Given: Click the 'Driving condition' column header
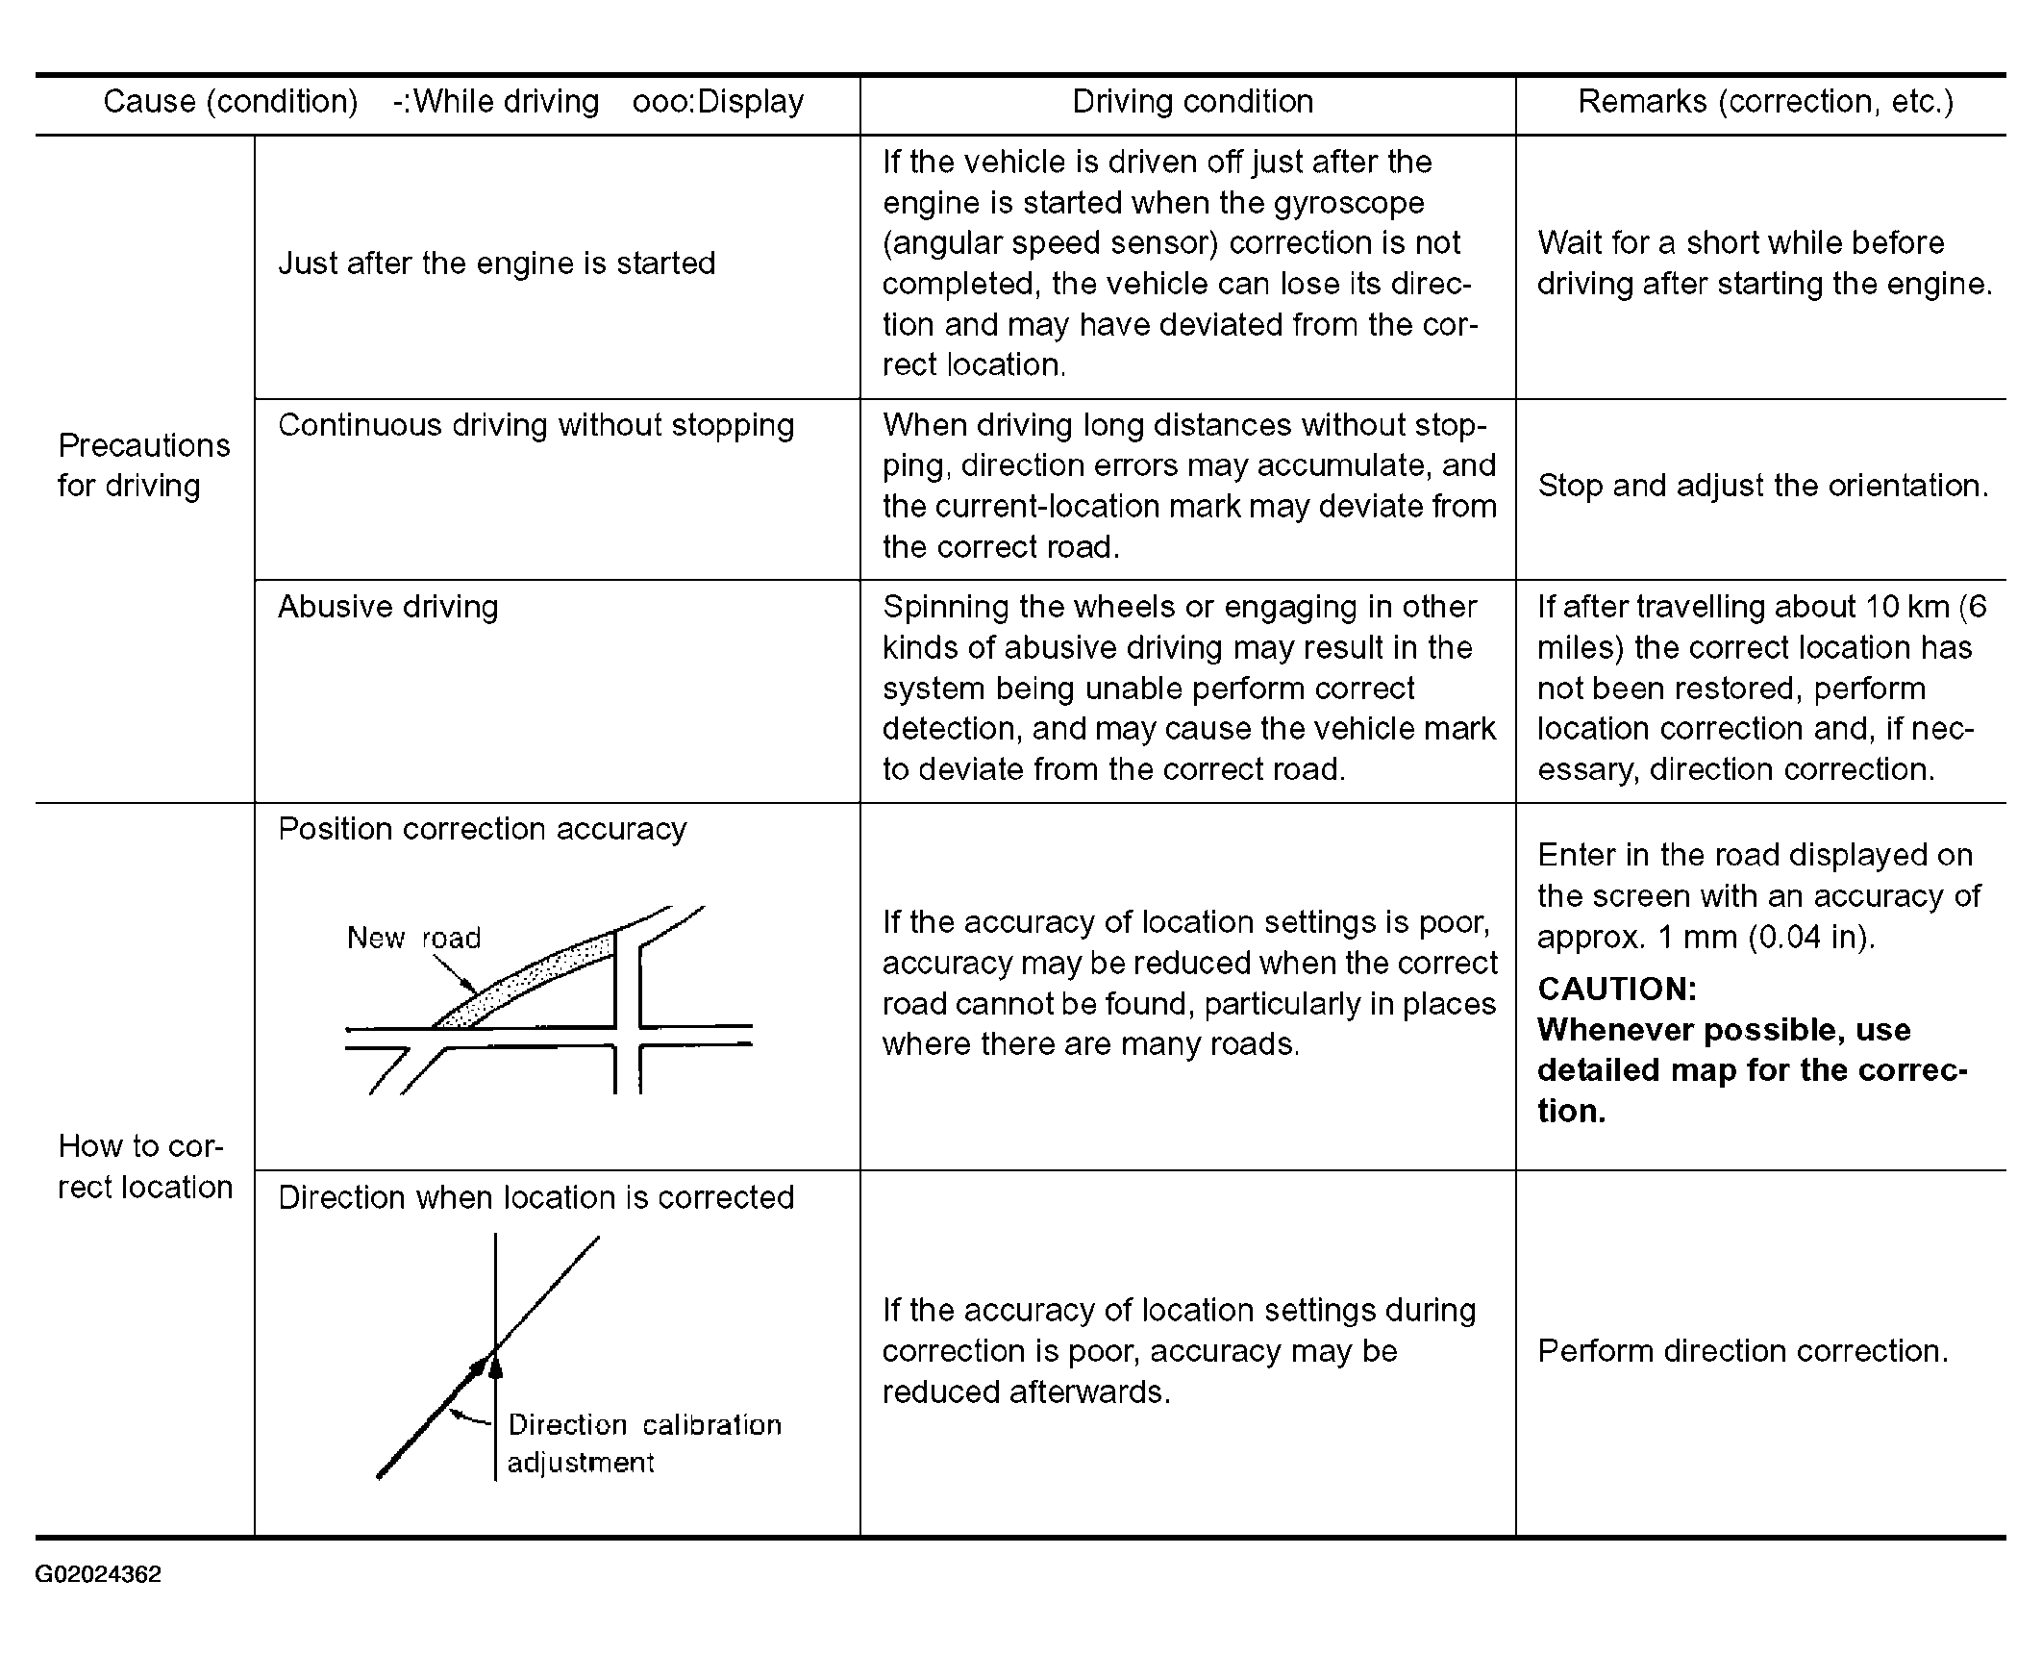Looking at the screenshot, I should [1192, 102].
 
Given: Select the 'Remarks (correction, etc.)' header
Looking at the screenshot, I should [1765, 102].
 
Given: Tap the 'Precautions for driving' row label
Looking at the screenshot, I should [143, 465].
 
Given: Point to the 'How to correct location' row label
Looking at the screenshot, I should [144, 1166].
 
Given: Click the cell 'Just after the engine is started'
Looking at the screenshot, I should [496, 263].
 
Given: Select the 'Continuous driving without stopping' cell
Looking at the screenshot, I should [535, 425].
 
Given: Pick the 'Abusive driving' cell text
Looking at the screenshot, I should [387, 607].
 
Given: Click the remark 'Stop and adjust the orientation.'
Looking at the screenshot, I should [1762, 486].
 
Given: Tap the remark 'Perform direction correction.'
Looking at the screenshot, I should [1742, 1351].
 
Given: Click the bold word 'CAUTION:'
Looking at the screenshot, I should [1617, 989].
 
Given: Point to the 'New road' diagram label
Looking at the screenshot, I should [413, 938].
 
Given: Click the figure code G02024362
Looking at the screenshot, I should [98, 1574].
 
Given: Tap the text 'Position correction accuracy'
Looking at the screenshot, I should [482, 829].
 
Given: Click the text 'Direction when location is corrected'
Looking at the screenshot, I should [535, 1197].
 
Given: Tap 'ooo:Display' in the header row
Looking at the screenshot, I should [717, 102].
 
